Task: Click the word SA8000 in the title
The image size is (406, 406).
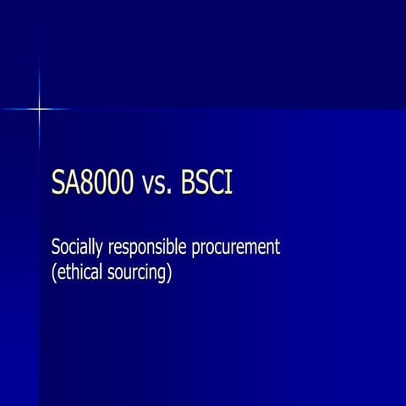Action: click(x=91, y=183)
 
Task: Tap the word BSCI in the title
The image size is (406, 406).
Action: click(x=206, y=183)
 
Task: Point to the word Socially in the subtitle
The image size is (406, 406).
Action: click(x=76, y=249)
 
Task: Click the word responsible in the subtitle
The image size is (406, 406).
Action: click(x=147, y=250)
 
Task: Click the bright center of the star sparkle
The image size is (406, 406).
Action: click(x=39, y=108)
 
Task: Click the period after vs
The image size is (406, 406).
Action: click(x=169, y=192)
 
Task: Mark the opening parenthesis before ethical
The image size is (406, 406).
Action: click(x=55, y=274)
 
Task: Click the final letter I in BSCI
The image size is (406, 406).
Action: click(x=228, y=183)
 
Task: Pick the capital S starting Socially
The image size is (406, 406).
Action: click(x=56, y=249)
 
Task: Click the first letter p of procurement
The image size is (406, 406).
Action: click(x=200, y=251)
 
